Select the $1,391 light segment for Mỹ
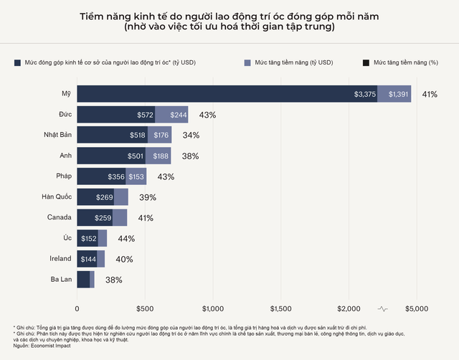pos(399,94)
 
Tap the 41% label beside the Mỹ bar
pos(430,94)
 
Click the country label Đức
pos(65,115)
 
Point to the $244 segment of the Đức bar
pos(171,115)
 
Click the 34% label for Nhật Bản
pos(191,136)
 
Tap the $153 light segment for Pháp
pos(136,176)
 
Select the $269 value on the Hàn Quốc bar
pos(104,197)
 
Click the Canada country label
pos(60,217)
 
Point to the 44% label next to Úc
pos(126,238)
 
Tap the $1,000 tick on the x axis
pos(212,308)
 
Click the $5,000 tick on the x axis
pos(416,308)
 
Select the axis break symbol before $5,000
pos(383,308)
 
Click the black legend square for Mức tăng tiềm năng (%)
pos(366,63)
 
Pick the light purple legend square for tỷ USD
pos(248,63)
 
